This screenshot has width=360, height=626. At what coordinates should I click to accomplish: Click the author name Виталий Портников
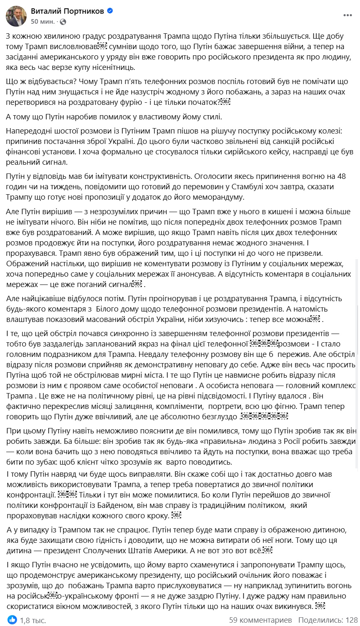tap(67, 11)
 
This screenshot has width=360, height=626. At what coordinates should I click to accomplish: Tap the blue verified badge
tap(110, 11)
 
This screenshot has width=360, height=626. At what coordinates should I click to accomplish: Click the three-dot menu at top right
tap(348, 15)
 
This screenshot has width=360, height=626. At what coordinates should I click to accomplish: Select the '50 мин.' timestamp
tap(43, 21)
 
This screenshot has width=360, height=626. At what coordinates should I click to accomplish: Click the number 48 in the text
tap(341, 176)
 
